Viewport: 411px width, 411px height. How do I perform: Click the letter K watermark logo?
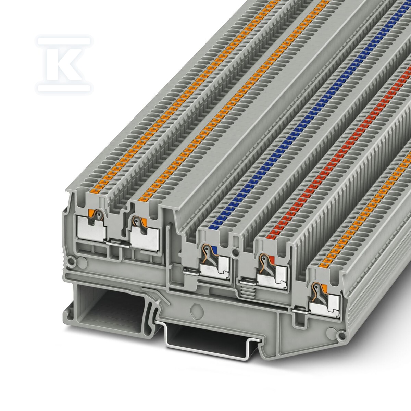64,64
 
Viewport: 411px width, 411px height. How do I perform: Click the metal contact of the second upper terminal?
145,238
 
